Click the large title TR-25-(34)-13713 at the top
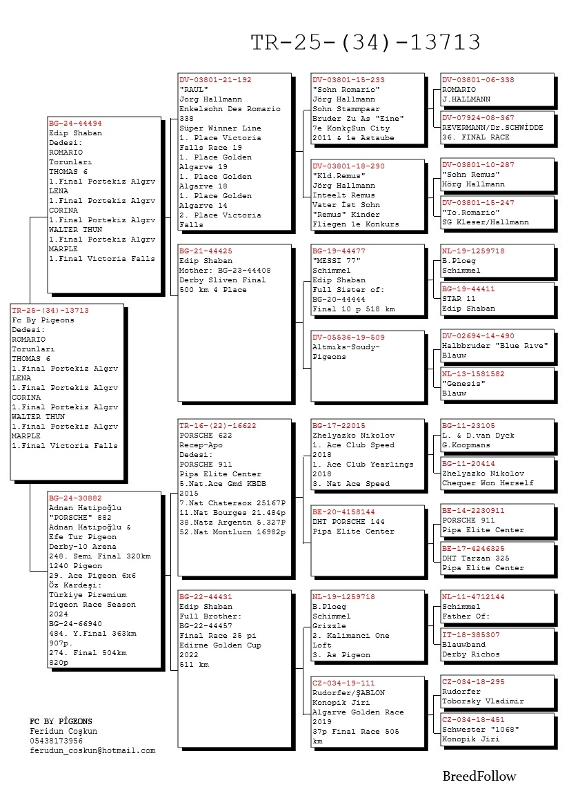coord(365,43)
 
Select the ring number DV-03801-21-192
coord(215,80)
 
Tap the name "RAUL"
coord(194,90)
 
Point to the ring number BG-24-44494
coord(75,124)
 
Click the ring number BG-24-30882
coord(75,498)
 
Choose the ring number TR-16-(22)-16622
coord(217,426)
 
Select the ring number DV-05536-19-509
coord(348,338)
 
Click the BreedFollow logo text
coord(479,777)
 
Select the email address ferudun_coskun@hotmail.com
coord(92,750)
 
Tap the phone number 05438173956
coord(56,741)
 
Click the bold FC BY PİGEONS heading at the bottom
coord(61,721)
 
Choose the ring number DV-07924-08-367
coord(478,118)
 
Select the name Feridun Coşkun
coord(63,731)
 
